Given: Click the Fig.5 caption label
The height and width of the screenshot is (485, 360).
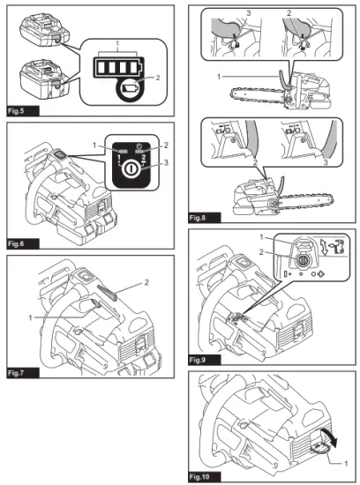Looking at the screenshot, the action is pos(16,111).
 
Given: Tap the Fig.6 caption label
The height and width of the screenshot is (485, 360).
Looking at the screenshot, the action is pos(16,243).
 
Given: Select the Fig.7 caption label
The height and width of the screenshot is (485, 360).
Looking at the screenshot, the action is pos(16,373).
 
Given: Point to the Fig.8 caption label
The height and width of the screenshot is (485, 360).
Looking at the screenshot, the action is pos(198,218).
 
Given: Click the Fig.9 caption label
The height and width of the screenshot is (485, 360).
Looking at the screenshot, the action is pos(198,360).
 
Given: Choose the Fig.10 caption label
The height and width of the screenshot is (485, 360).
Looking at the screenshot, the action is pos(199,477).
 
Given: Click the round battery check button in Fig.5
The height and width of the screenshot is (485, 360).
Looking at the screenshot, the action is pos(130,89).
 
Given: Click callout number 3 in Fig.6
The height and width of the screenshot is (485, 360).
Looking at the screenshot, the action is pos(166,162).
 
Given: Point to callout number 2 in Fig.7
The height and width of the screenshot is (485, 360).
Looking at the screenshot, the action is pos(146,282).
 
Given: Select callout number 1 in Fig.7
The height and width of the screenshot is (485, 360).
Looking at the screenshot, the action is pos(30,317).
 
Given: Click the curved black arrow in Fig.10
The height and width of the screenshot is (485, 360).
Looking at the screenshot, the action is pos(329,436).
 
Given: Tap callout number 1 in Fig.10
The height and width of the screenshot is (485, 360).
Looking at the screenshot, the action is pos(346,463).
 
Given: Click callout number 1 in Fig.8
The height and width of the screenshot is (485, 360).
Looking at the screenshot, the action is pos(219,77).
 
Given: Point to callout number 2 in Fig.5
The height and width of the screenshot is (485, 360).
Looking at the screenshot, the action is pos(158,78).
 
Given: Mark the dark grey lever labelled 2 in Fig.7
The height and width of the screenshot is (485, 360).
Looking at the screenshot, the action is pos(107,292).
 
